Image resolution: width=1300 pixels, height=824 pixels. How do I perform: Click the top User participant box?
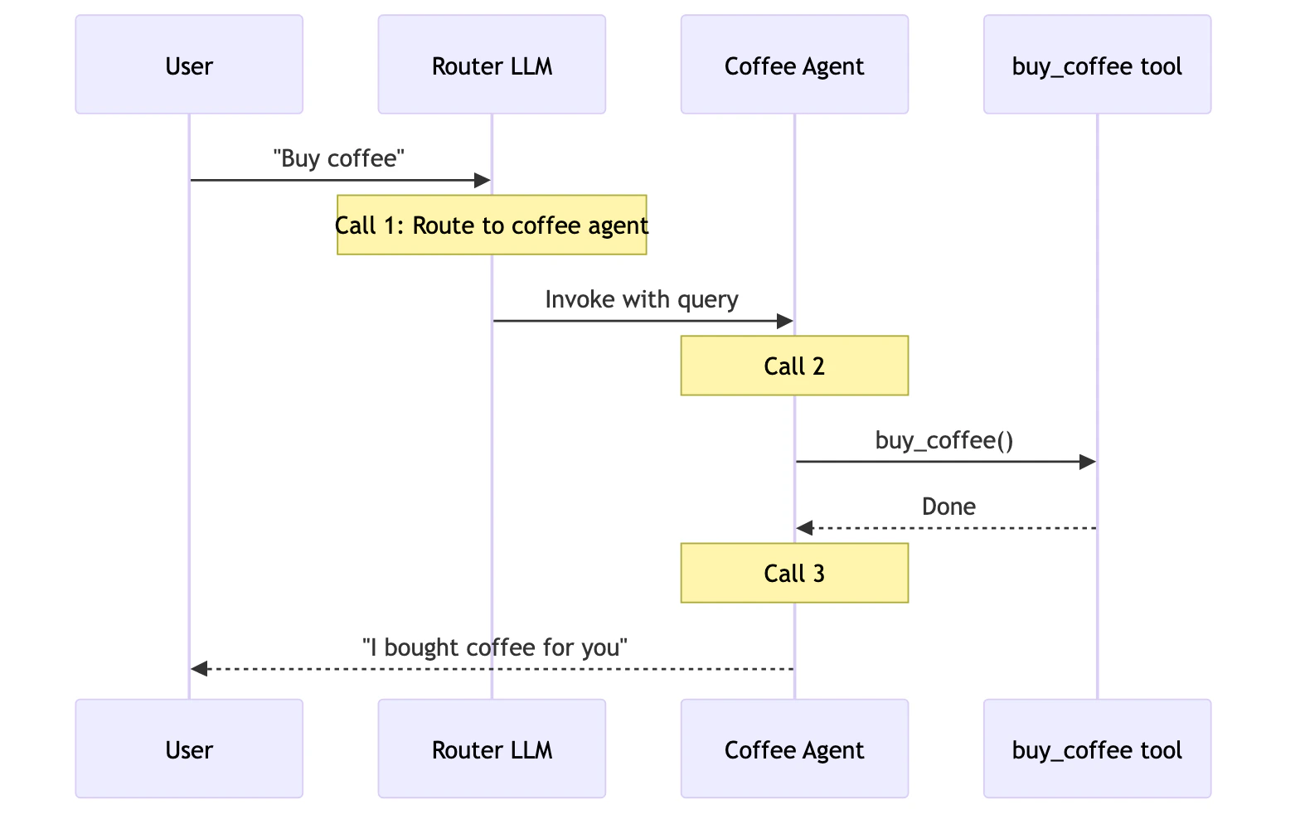point(189,65)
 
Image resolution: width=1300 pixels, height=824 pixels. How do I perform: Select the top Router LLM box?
point(492,65)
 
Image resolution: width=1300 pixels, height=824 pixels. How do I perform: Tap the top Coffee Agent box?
point(794,65)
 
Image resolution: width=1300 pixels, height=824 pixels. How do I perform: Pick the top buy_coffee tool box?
point(1097,65)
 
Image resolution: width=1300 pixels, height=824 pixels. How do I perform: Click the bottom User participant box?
point(189,749)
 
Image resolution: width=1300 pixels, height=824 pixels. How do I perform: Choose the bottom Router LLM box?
point(492,749)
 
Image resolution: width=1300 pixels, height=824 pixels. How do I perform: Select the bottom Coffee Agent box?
point(794,749)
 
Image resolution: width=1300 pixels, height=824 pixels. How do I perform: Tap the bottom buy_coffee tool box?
point(1097,749)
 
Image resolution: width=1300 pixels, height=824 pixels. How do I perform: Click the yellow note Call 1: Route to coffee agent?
point(492,225)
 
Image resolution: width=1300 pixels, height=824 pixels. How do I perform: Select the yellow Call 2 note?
point(794,366)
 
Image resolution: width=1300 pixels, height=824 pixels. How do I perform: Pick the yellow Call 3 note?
point(794,573)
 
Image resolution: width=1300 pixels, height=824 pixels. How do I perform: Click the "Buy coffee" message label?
point(339,158)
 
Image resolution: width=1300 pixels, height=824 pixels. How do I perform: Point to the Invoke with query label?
point(642,299)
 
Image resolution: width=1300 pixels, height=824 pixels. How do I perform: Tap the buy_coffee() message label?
point(944,440)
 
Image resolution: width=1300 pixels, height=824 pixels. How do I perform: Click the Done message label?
point(948,507)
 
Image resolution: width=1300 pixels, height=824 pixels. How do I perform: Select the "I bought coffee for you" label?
point(495,647)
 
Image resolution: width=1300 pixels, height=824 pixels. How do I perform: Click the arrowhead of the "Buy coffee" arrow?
point(483,180)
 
